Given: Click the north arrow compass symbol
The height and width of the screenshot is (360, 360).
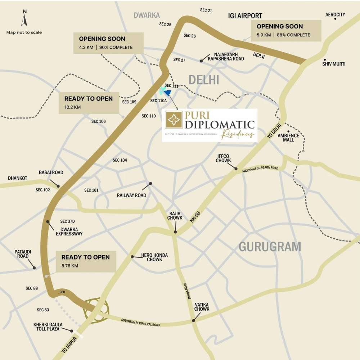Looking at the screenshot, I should coord(24,18).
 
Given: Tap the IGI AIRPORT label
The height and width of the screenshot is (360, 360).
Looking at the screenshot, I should coord(245,16).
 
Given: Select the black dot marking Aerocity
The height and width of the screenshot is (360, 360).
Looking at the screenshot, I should coord(335,18).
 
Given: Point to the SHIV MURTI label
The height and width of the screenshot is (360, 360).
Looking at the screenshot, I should coord(334,64).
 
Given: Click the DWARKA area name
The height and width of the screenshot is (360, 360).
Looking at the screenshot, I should coord(147,15).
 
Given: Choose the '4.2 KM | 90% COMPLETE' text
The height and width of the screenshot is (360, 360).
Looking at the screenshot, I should coord(106,47).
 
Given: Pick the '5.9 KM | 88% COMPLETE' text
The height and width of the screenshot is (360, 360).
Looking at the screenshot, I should coord(283,35).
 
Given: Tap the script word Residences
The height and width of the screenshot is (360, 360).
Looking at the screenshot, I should coord(238,135).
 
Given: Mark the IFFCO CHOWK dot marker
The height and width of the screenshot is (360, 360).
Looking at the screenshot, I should coord(236,168).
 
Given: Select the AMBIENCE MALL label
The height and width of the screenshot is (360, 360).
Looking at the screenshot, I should coord(288,138).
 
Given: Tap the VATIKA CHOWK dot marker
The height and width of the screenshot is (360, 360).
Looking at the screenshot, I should coord(194,320).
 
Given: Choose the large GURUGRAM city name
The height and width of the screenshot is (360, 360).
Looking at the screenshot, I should coord(270,247).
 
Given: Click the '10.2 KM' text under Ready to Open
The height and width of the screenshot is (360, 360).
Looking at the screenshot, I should coord(73,107).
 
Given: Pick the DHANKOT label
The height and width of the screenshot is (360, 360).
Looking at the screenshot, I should coord(17,178).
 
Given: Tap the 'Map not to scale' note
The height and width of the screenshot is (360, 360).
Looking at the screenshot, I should coord(24,32).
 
